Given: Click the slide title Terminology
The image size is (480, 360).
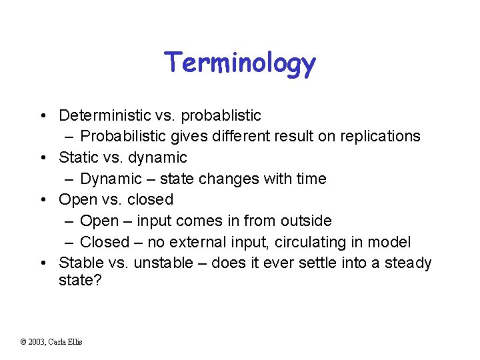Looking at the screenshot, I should (x=240, y=63).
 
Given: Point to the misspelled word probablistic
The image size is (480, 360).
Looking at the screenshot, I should (x=220, y=115).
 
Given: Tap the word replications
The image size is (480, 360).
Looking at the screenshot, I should (x=382, y=137).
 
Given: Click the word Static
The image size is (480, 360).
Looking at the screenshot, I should (x=78, y=157).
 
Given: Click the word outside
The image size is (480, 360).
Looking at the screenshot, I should (x=305, y=221).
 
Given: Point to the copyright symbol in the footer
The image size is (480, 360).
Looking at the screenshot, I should (x=23, y=342).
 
